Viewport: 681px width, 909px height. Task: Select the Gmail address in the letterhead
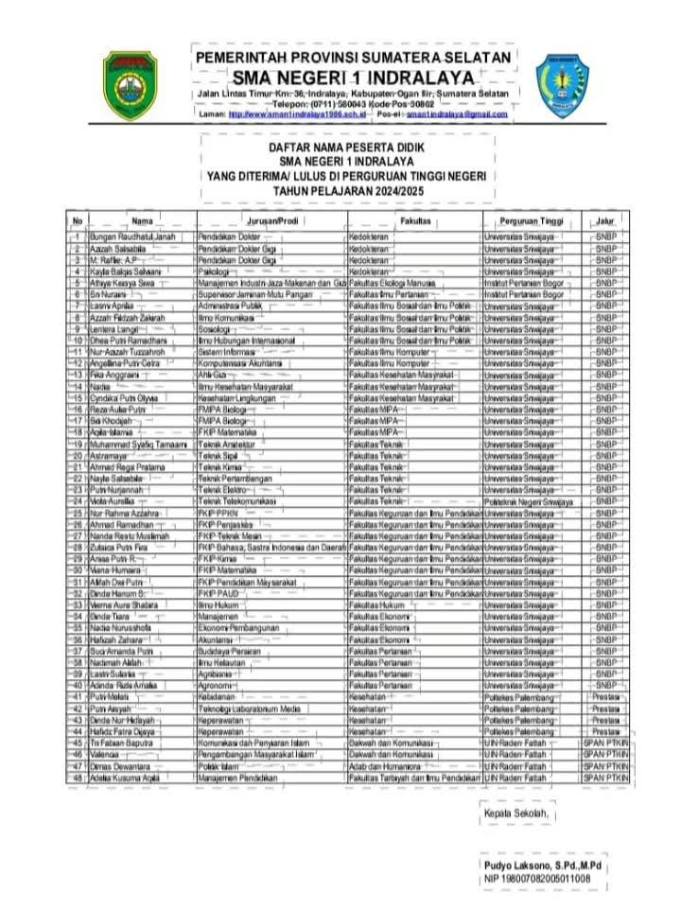point(457,114)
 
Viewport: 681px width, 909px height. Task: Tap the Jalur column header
point(604,219)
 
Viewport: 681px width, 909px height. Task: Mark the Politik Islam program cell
point(218,766)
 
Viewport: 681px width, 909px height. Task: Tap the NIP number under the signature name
point(537,879)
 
